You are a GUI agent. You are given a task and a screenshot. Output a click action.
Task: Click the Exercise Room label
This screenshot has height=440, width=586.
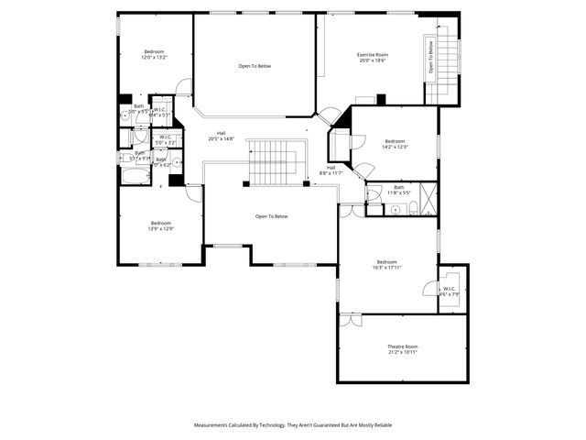coord(371,58)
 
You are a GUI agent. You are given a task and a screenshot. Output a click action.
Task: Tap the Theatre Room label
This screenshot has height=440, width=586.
coord(402,349)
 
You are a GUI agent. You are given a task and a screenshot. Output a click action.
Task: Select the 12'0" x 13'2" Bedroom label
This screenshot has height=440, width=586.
coord(154,54)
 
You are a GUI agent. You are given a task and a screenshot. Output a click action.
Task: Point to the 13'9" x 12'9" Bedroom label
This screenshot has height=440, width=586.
coord(161,225)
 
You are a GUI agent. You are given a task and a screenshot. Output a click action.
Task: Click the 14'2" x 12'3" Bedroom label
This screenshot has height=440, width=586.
coord(395,144)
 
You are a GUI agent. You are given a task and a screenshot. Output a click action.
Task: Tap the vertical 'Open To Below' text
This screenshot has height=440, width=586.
coord(430,57)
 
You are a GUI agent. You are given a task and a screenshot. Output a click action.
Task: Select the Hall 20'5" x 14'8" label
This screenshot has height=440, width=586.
coord(221,136)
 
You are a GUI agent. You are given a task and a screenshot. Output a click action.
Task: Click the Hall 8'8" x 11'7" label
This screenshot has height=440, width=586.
coord(331,170)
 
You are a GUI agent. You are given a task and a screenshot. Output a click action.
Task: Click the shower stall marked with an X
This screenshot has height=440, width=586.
coord(428,198)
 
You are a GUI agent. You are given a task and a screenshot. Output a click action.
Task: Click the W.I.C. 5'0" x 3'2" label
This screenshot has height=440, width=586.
coord(165,141)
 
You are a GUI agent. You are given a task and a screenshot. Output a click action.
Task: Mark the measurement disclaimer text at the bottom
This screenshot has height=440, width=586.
coord(293,425)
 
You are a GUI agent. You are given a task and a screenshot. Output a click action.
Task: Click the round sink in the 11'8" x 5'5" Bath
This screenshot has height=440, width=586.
coord(395,209)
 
